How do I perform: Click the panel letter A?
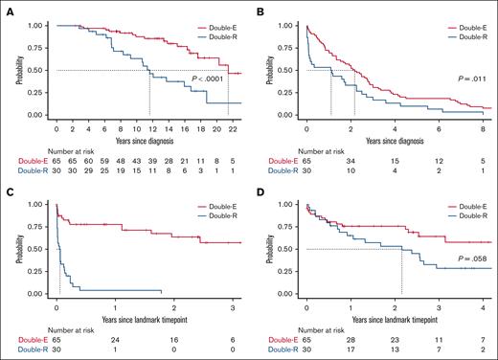[7, 7]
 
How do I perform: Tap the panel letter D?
[260, 187]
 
